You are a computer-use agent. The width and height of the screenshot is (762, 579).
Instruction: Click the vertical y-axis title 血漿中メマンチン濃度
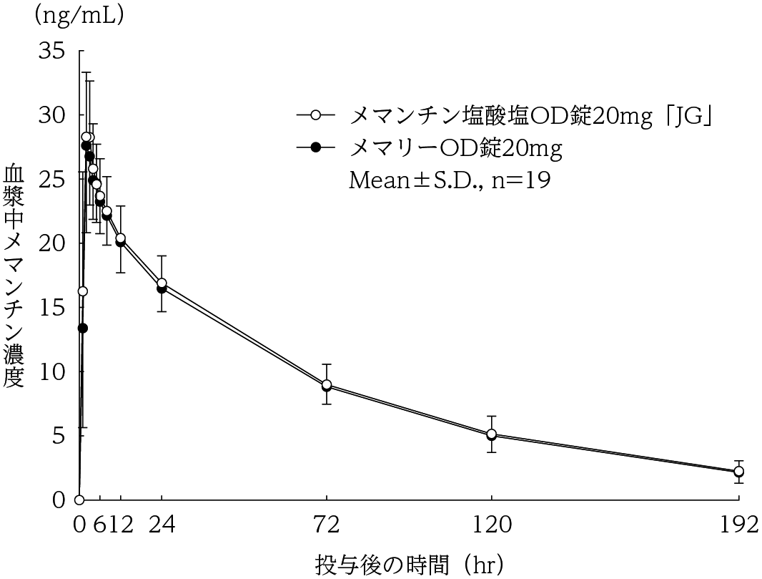click(x=15, y=276)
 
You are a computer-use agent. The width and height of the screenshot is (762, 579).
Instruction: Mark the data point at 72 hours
click(x=327, y=385)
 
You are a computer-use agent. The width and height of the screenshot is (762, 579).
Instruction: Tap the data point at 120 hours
click(x=492, y=434)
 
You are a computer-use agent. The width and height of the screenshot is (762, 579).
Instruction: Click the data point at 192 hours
click(x=738, y=471)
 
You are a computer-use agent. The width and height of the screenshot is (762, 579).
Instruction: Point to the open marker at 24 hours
click(x=162, y=283)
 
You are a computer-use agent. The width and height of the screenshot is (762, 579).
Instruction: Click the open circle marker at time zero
click(x=79, y=500)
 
